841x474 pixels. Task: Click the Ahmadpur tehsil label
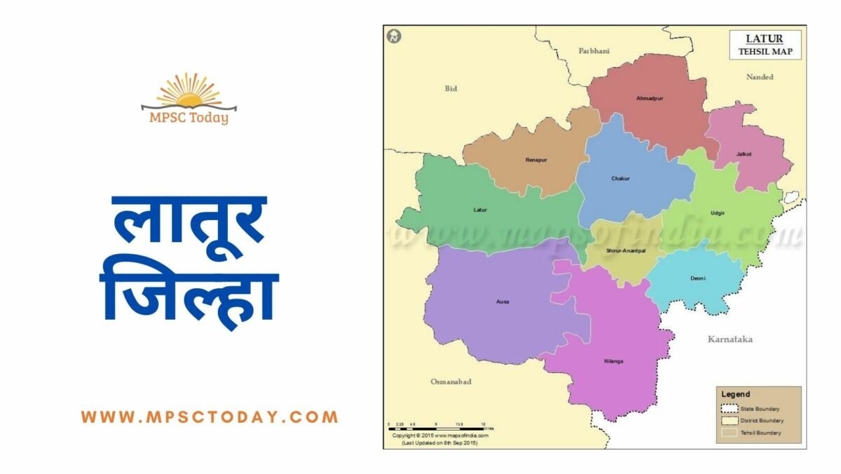point(649,98)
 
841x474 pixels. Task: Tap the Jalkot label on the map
point(744,154)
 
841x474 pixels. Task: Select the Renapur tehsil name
point(536,160)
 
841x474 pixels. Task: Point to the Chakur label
point(620,178)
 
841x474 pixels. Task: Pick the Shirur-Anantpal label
point(625,250)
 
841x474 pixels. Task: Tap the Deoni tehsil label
point(697,278)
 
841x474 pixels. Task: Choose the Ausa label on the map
point(502,302)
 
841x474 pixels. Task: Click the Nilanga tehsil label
point(613,361)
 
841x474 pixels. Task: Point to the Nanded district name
point(760,76)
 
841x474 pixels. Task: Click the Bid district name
point(451,88)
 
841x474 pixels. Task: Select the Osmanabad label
point(451,381)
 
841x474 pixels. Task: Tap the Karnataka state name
point(730,339)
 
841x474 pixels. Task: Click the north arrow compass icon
point(395,36)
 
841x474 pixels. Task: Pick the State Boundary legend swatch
point(730,409)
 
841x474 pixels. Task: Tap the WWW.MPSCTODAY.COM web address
point(210,417)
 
